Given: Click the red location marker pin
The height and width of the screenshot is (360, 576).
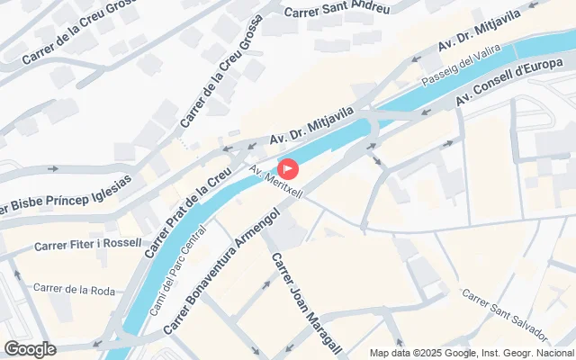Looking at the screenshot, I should tap(288, 167).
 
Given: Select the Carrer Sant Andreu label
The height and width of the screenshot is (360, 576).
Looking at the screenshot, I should tap(337, 11).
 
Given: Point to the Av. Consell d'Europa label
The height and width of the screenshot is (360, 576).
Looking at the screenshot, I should tap(515, 83).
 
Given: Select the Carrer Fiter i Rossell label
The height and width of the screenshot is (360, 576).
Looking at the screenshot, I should tap(88, 244).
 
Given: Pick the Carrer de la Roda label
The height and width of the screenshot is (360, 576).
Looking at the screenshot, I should tap(74, 289).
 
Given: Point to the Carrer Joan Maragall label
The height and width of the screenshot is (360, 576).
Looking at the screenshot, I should tap(304, 297).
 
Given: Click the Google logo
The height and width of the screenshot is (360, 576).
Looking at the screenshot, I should tap(30, 349).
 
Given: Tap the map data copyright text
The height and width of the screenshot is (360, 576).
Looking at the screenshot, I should tap(472, 353).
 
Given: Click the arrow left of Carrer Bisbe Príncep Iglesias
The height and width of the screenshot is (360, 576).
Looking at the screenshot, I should tap(53, 168).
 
